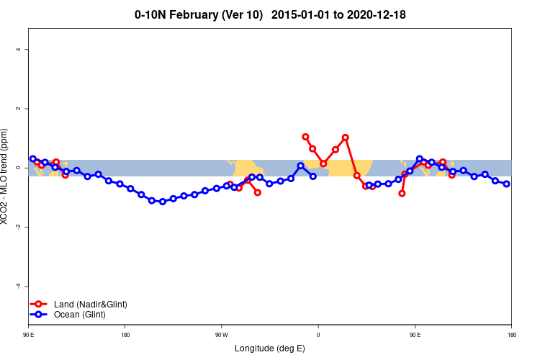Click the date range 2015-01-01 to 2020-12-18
coord(343,14)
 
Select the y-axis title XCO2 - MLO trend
coord(6,176)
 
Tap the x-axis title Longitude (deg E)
coord(270,348)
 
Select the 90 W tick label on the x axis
coord(221,335)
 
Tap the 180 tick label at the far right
coord(511,335)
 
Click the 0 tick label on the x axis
coord(318,335)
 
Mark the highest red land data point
coord(305,137)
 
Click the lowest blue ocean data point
coord(163,202)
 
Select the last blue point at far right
coord(506,184)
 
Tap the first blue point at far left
coord(32,158)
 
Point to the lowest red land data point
coord(402,193)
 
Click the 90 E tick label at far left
coord(29,335)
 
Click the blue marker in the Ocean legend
coord(40,315)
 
